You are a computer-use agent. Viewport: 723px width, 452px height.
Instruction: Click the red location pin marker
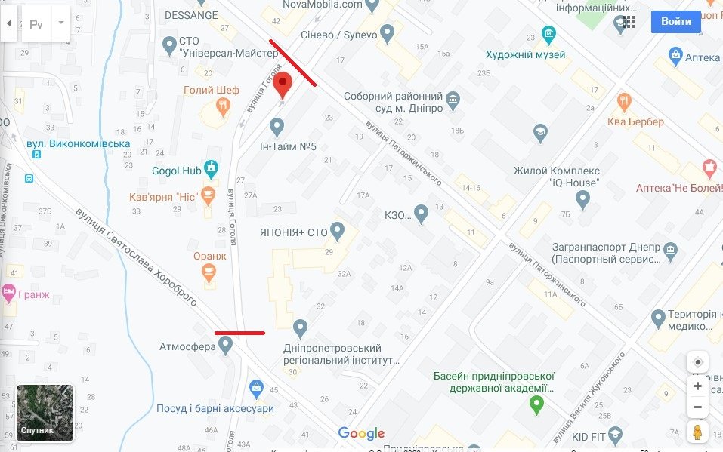coord(283,85)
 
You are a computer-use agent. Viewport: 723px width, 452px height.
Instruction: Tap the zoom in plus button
coord(697,386)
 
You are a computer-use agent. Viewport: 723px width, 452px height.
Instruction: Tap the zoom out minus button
coord(697,407)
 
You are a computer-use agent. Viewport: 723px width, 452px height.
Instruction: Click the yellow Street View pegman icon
coord(697,433)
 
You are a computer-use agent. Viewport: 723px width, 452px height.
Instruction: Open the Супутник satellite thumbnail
coord(45,413)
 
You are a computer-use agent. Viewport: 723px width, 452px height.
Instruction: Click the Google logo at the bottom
coord(361,433)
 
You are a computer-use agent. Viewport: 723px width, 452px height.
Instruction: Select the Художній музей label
coord(527,55)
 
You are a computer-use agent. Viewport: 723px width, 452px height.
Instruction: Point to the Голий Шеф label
coord(212,91)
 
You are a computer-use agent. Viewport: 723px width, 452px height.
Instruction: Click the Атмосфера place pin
coord(225,345)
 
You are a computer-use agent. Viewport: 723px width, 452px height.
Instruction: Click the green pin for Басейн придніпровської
coord(536,404)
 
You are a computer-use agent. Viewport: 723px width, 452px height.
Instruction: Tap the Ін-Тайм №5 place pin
coord(277,127)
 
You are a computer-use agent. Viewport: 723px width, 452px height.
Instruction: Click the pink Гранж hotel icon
coord(8,291)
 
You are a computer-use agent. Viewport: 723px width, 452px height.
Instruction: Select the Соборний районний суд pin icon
coord(453,99)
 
